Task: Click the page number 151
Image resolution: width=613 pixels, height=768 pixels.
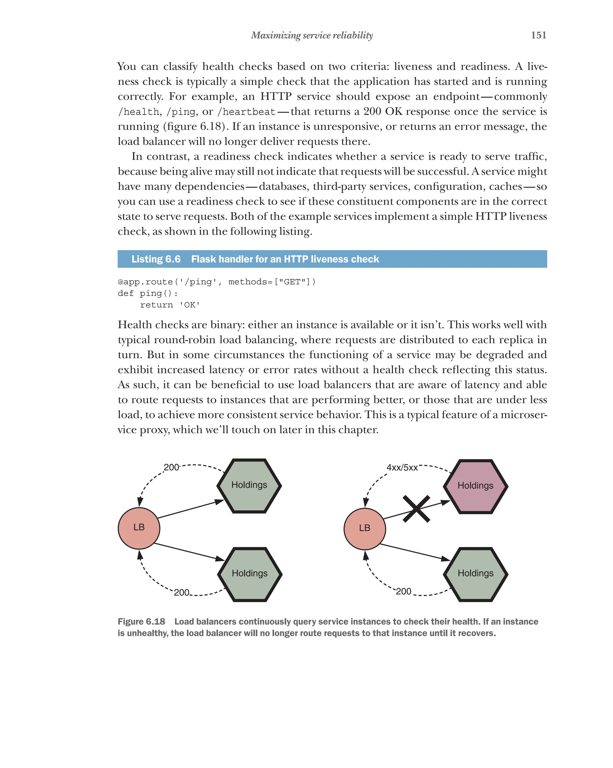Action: (538, 35)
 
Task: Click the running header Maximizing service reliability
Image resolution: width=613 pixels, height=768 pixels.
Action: (312, 35)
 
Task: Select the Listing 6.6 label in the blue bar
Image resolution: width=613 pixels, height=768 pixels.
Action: (156, 259)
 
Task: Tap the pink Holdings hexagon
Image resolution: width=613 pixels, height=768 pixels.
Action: (475, 486)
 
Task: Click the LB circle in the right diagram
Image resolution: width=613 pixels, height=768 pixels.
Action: (365, 528)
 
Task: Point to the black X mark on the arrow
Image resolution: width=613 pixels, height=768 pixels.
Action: (416, 509)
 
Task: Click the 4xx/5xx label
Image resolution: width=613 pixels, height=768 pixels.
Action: (402, 467)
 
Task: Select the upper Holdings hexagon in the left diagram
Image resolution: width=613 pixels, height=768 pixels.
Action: (249, 485)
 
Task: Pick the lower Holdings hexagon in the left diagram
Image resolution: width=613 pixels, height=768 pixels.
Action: (249, 573)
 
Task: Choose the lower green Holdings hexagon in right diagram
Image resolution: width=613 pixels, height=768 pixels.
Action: (475, 573)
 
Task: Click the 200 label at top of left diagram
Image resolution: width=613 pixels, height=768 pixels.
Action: (171, 467)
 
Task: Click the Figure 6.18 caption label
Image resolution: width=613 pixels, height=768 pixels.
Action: (141, 622)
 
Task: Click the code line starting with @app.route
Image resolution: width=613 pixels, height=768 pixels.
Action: (216, 282)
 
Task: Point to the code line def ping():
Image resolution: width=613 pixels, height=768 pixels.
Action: (148, 293)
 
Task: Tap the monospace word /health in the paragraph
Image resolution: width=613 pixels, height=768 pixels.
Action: (139, 112)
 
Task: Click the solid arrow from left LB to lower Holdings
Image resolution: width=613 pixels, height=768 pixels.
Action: (189, 552)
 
